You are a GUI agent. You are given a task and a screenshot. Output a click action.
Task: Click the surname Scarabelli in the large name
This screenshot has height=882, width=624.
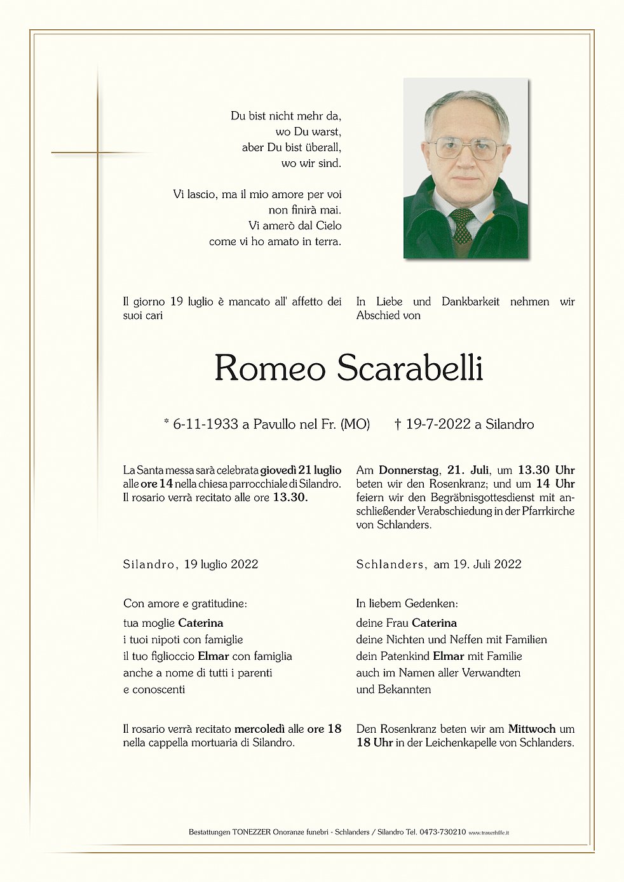(409, 368)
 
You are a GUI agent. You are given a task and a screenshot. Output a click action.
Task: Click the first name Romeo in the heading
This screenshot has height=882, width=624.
(270, 368)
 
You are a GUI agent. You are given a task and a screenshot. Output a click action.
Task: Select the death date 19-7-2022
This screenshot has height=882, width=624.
(438, 424)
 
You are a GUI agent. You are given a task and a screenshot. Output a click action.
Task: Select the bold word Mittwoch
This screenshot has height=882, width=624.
(532, 729)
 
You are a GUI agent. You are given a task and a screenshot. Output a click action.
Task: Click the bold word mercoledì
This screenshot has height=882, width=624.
(259, 729)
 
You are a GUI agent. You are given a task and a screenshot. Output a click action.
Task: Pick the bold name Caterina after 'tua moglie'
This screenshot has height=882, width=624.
(200, 623)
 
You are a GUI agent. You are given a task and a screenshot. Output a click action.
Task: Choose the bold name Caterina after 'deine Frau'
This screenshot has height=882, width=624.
(434, 623)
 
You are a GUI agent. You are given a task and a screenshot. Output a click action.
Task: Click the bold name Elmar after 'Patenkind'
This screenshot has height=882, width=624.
(449, 656)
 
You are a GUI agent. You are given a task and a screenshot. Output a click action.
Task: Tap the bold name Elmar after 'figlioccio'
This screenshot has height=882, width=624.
(214, 656)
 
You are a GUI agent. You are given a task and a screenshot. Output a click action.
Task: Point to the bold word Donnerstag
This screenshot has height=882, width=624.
(409, 471)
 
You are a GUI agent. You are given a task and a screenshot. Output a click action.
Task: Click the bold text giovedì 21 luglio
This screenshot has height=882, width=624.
(301, 471)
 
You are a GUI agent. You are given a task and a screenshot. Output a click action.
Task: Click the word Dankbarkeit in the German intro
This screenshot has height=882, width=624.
(470, 302)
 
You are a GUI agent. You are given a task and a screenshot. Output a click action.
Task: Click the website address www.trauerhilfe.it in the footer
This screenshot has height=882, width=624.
(489, 832)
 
